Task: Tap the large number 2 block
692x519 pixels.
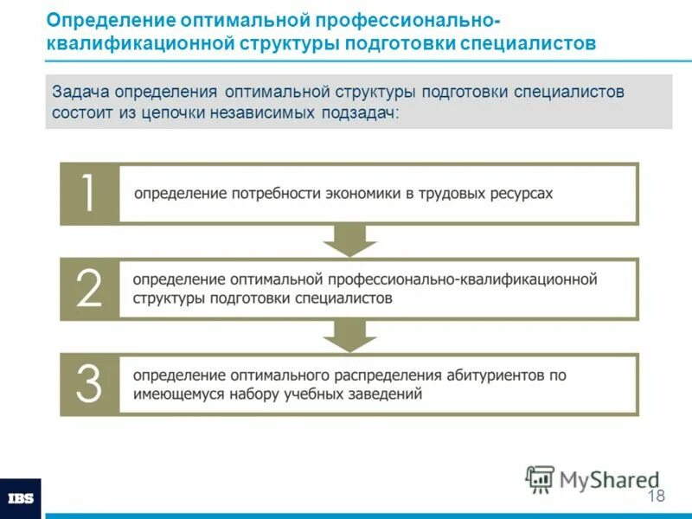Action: [x=88, y=288]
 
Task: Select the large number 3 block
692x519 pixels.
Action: [x=88, y=384]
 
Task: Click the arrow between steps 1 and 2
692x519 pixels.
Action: [x=349, y=240]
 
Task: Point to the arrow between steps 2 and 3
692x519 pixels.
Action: [x=349, y=336]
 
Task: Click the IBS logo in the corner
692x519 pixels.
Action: [x=20, y=499]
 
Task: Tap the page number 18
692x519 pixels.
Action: [x=656, y=496]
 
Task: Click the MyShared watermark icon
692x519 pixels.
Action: [x=541, y=478]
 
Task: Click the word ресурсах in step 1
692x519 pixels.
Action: [x=522, y=194]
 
